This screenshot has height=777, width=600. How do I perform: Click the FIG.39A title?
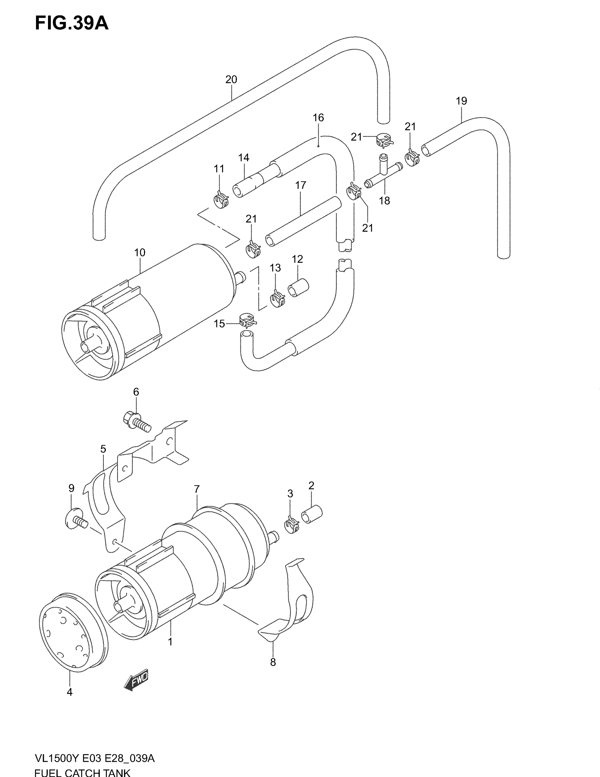[x=71, y=24]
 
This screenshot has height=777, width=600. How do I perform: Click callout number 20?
[x=231, y=79]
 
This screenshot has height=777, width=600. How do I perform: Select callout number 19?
[x=461, y=101]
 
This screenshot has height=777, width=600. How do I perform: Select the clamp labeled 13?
[x=277, y=299]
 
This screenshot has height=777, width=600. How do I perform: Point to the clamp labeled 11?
[x=221, y=200]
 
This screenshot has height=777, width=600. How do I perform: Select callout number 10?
[x=140, y=253]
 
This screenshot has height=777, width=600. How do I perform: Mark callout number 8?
[x=273, y=662]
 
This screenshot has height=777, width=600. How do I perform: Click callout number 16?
[x=318, y=118]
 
